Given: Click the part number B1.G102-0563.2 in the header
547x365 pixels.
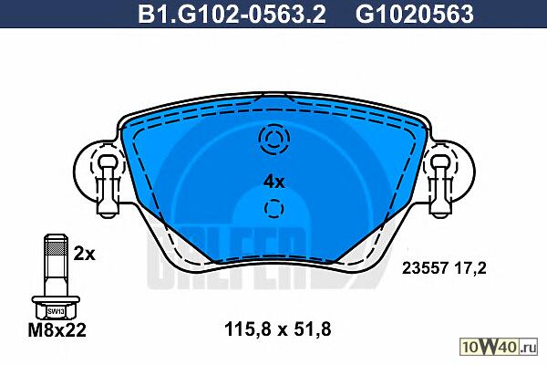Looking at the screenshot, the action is [232, 15].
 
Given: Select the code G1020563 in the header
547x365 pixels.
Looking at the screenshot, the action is [415, 15].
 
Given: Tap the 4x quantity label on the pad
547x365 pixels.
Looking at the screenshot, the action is [274, 182].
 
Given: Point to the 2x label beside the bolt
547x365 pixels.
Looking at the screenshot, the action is [84, 255].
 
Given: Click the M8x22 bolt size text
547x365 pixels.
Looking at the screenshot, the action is [57, 330].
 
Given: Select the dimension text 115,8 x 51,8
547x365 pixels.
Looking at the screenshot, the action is [278, 329].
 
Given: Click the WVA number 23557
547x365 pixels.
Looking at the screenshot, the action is [425, 268].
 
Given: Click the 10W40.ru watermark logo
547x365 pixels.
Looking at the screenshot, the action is [500, 347].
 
